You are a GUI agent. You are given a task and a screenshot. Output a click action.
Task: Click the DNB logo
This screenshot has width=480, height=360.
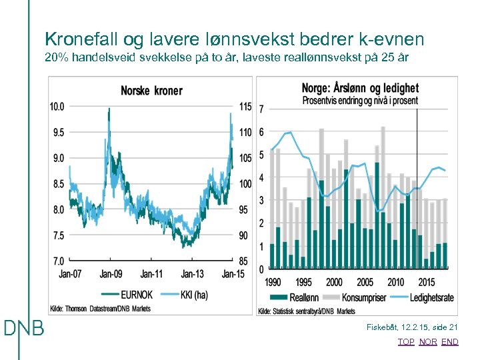tap(24, 329)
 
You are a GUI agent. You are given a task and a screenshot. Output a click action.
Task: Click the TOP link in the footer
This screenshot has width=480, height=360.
tap(406, 342)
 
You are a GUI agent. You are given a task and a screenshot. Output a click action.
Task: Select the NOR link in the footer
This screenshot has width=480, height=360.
tap(428, 342)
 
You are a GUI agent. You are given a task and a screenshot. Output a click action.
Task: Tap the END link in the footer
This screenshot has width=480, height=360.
tap(450, 342)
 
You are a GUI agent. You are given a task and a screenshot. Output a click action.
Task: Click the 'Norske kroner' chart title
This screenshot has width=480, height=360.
tap(151, 91)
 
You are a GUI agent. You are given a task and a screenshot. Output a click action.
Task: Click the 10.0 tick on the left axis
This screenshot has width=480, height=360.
tap(57, 107)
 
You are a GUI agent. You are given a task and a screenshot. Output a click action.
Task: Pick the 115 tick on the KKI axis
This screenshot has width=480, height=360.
tap(245, 107)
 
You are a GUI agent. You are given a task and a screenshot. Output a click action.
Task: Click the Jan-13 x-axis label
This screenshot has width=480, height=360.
tap(192, 274)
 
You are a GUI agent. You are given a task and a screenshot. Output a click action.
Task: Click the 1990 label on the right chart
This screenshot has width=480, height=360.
tap(273, 282)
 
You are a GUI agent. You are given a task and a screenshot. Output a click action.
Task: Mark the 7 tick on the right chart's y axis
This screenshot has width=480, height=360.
tap(261, 109)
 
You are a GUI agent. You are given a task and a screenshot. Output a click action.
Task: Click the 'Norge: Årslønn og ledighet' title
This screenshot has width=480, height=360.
tap(360, 88)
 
